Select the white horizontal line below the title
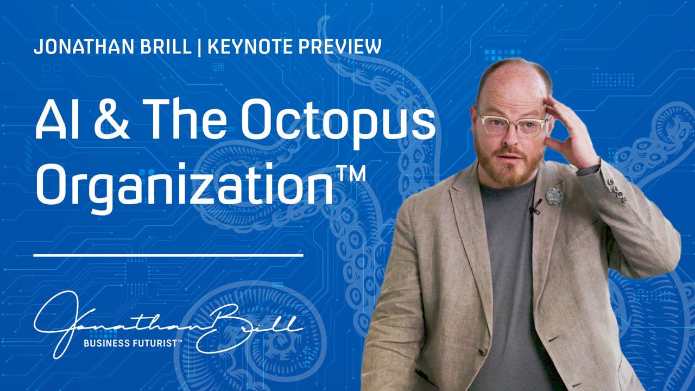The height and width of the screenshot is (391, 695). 168,254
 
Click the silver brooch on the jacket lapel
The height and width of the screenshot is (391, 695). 554,195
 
